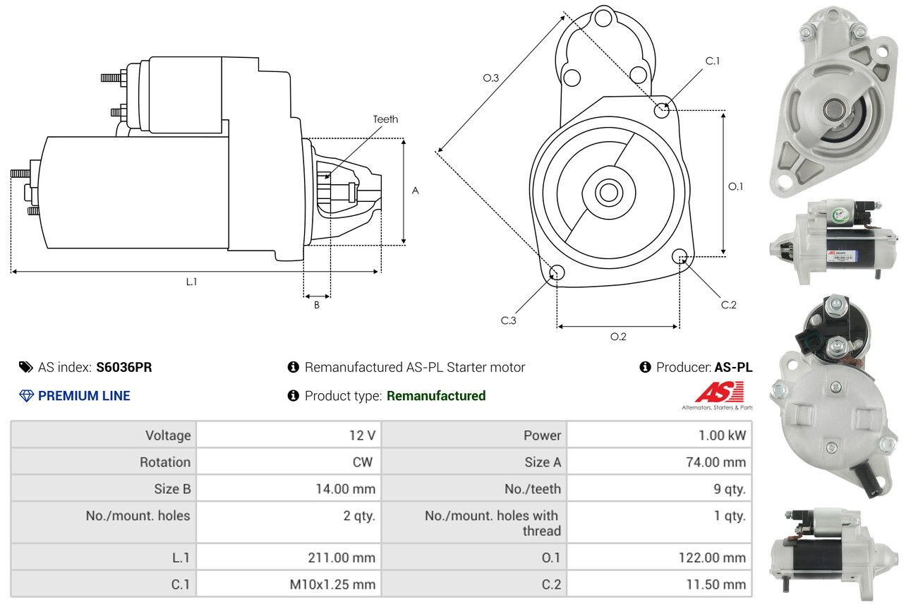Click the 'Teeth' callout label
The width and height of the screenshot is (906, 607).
click(385, 119)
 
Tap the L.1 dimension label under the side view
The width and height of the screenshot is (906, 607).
click(191, 282)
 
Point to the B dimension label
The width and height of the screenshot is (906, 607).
click(317, 305)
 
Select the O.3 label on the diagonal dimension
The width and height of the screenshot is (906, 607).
click(491, 78)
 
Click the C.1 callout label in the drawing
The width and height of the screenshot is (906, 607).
click(713, 61)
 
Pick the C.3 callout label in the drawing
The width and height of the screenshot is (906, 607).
click(509, 320)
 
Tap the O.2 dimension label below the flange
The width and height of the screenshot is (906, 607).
click(618, 337)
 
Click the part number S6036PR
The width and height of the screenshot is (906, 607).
click(123, 367)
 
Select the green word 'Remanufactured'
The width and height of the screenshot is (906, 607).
click(436, 396)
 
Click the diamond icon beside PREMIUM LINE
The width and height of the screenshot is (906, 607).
click(27, 396)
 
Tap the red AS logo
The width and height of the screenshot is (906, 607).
click(720, 392)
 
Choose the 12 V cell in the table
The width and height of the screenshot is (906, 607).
click(289, 435)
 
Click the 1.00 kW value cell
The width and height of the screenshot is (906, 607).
click(659, 435)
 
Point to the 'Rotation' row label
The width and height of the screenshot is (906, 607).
click(165, 462)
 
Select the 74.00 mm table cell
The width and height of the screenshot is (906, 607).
click(659, 462)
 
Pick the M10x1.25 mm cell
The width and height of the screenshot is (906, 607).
click(289, 584)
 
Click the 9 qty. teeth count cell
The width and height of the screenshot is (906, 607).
click(659, 488)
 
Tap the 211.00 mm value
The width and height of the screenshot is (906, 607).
click(342, 558)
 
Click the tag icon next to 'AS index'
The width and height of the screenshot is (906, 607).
click(26, 367)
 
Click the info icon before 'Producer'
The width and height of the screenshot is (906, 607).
click(645, 367)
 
